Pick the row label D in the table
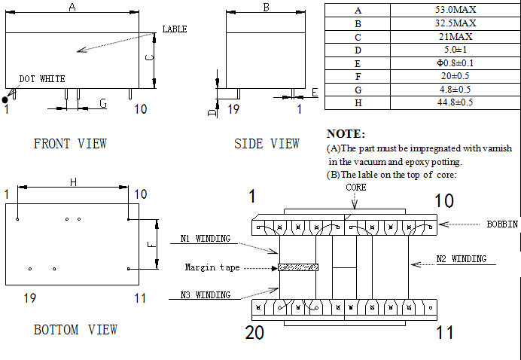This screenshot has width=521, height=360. click(358, 50)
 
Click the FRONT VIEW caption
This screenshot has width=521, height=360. click(70, 143)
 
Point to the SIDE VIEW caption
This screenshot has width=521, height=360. click(267, 143)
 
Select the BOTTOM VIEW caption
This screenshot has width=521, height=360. click(75, 329)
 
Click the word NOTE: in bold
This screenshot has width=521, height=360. click(346, 133)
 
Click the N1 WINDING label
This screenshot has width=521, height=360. click(205, 239)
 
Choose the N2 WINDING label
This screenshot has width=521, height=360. click(461, 259)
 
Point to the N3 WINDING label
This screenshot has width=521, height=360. click(205, 294)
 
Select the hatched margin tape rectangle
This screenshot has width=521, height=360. click(298, 267)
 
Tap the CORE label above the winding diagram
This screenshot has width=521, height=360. click(356, 187)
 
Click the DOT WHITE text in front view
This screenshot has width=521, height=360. click(42, 78)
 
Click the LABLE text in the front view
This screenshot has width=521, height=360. click(174, 29)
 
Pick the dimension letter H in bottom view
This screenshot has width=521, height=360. click(73, 182)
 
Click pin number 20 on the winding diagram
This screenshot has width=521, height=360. click(254, 332)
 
